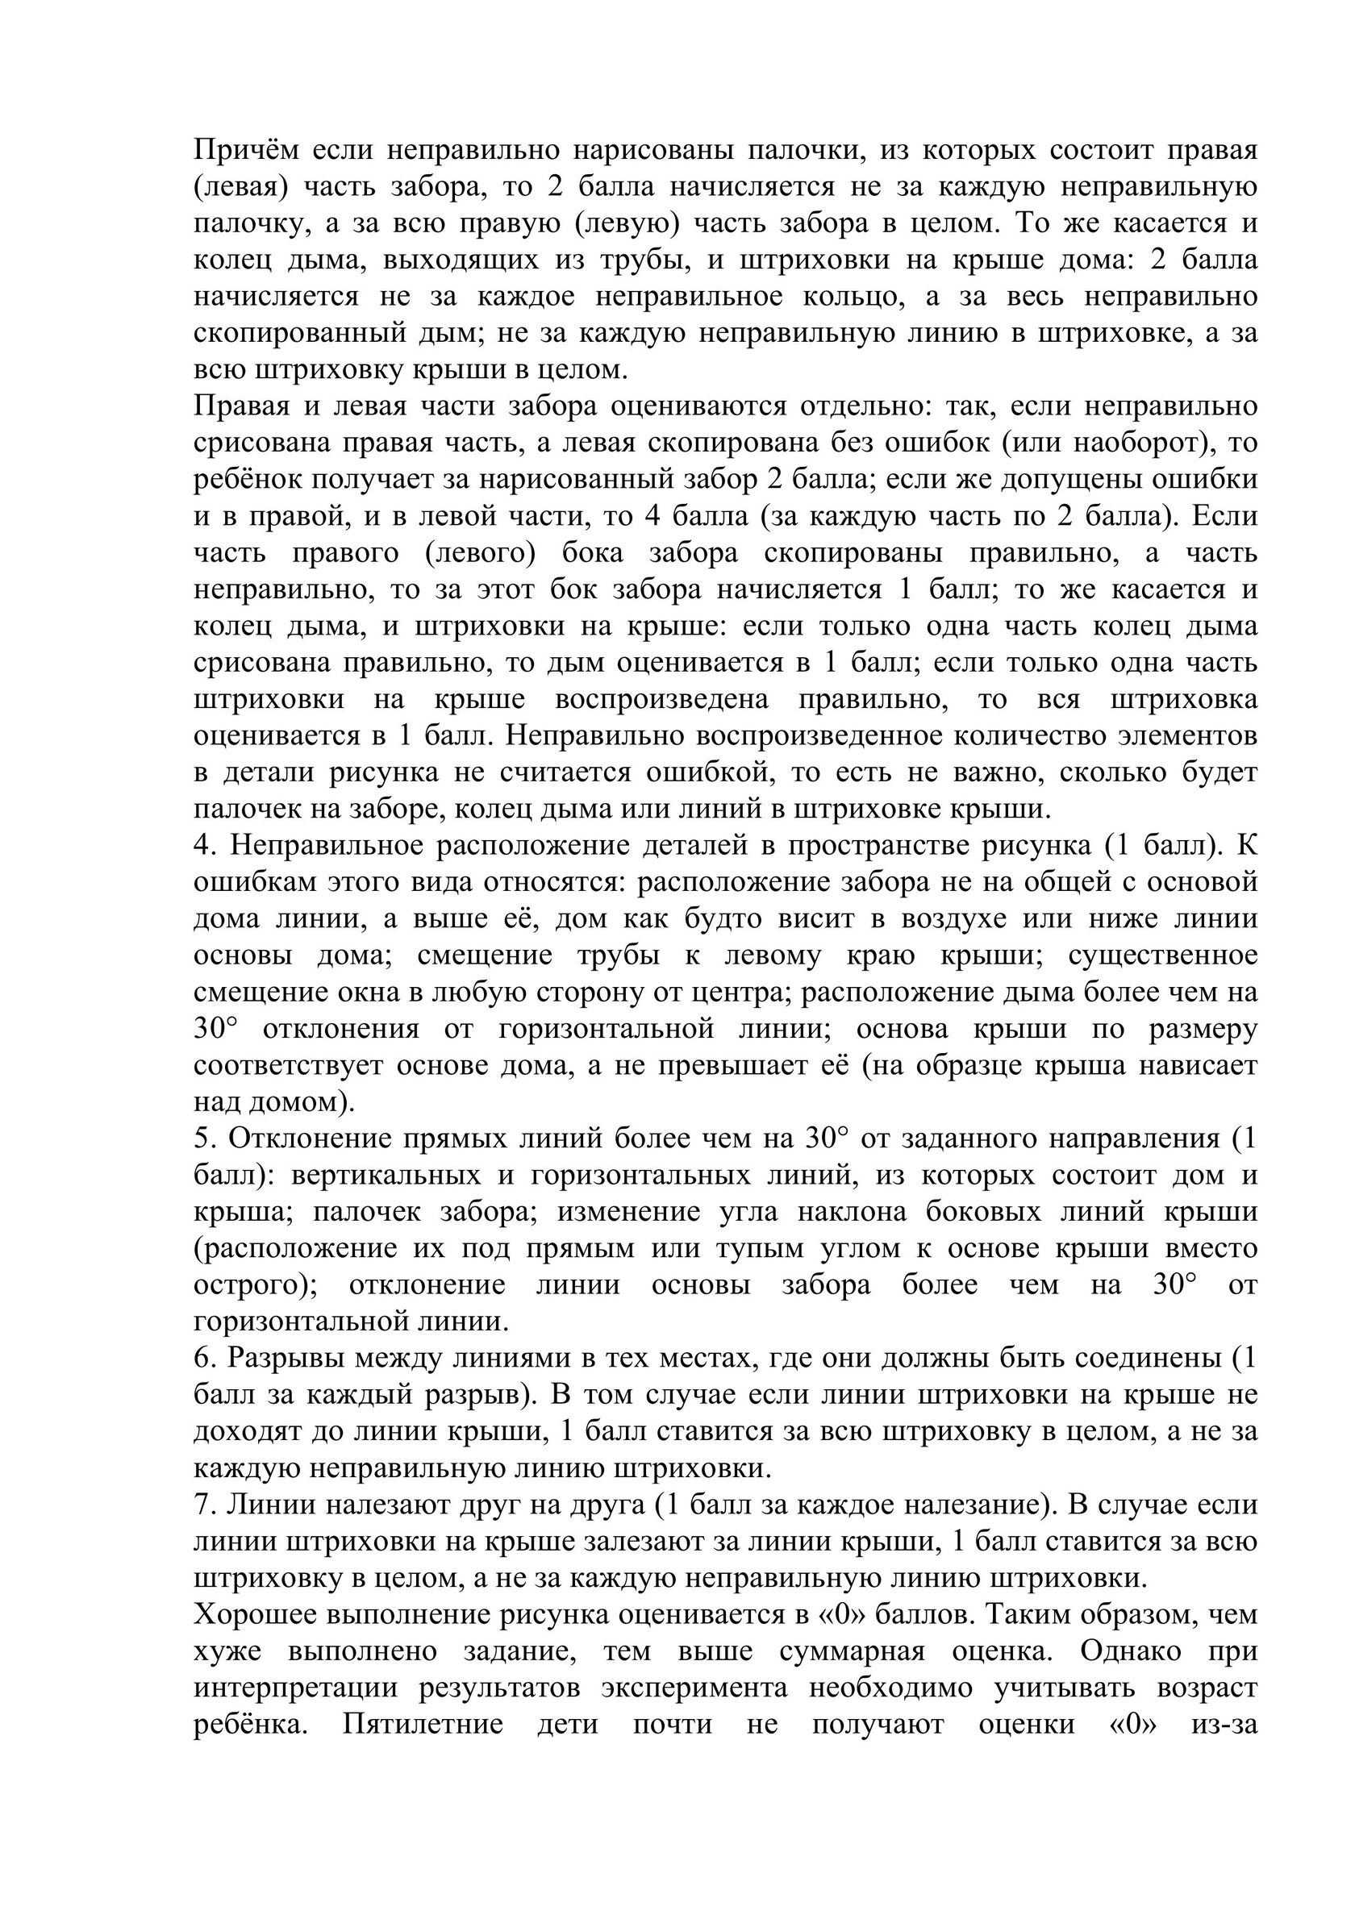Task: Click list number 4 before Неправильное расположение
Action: pyautogui.click(x=205, y=847)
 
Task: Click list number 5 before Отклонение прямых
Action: pyautogui.click(x=204, y=1139)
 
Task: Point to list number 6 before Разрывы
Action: pyautogui.click(x=205, y=1359)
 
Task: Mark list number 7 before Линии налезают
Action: pyautogui.click(x=205, y=1505)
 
